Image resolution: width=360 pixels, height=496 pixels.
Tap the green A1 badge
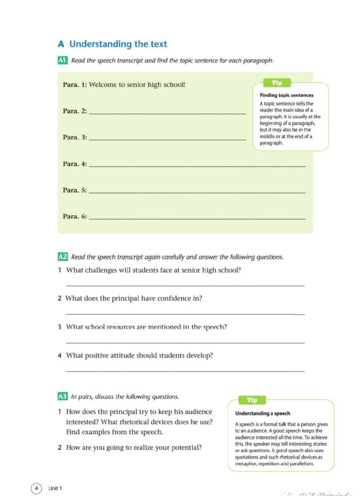pyautogui.click(x=62, y=61)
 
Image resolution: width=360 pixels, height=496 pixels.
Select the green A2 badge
pyautogui.click(x=62, y=257)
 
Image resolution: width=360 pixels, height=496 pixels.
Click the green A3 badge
pyautogui.click(x=62, y=397)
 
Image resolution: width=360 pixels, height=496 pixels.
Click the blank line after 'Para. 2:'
pyautogui.click(x=167, y=113)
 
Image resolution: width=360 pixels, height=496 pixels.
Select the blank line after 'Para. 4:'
pyautogui.click(x=197, y=166)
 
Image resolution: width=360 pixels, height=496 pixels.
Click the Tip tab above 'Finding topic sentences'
pyautogui.click(x=277, y=83)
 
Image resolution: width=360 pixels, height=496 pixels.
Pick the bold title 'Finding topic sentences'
pyautogui.click(x=286, y=95)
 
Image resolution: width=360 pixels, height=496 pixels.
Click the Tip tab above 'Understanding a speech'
pyautogui.click(x=252, y=400)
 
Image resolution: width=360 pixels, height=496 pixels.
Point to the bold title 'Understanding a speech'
pyautogui.click(x=262, y=413)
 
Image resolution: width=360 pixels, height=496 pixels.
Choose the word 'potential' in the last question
pyautogui.click(x=186, y=447)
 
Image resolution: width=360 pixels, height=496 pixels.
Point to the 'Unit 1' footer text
pyautogui.click(x=55, y=488)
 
